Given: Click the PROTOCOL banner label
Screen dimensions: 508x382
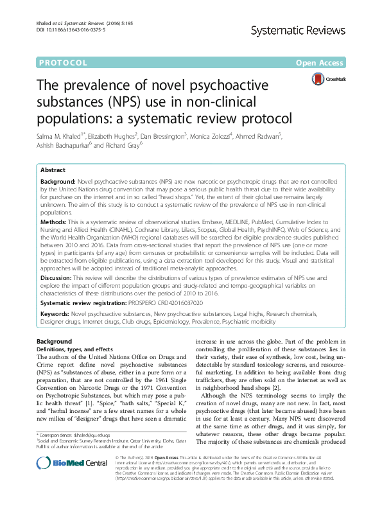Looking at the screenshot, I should click(62, 63).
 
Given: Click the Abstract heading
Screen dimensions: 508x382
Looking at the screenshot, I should click(53, 170).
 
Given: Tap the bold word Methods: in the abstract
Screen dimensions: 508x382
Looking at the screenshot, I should click(54, 220).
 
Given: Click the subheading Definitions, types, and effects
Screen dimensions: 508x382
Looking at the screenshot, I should click(74, 348).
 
